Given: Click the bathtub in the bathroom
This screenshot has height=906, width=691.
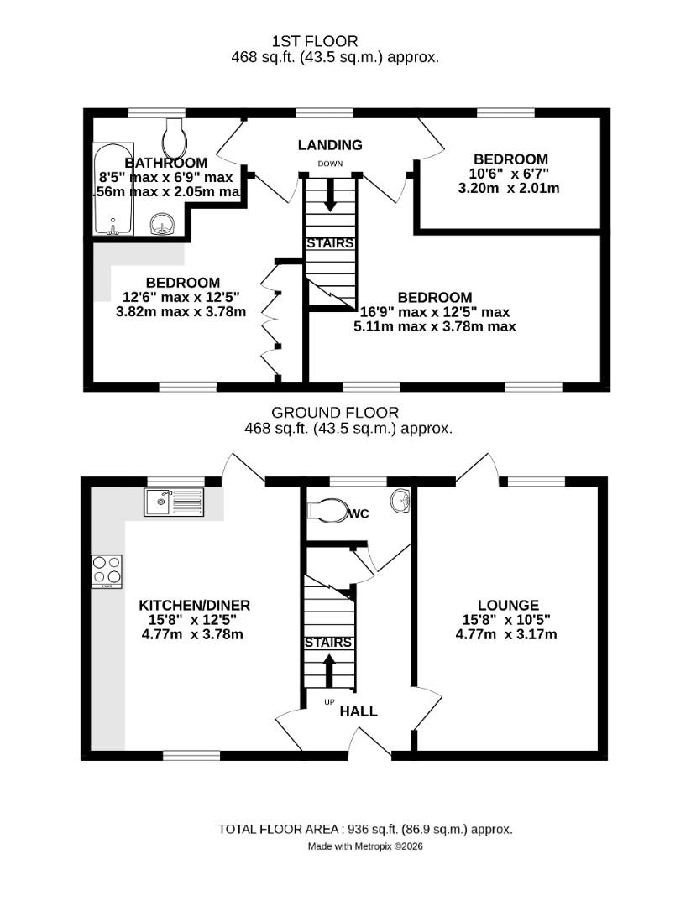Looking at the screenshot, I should pyautogui.click(x=112, y=190).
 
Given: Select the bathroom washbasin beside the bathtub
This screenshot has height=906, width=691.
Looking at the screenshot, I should pyautogui.click(x=161, y=224).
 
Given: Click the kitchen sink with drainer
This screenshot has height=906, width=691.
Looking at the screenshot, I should pyautogui.click(x=174, y=502).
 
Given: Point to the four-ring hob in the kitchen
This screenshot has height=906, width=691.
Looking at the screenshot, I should pyautogui.click(x=107, y=571).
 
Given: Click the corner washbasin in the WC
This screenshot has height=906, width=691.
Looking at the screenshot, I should pyautogui.click(x=400, y=500).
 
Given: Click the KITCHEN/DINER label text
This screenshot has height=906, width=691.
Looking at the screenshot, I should pyautogui.click(x=194, y=605).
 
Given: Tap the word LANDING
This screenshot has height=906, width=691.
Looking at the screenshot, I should pyautogui.click(x=330, y=145).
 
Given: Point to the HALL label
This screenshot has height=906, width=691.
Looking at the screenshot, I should pyautogui.click(x=359, y=711).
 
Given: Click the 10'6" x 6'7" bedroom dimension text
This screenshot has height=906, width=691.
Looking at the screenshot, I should pyautogui.click(x=510, y=174).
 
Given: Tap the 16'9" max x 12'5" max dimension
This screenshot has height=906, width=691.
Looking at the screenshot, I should pyautogui.click(x=434, y=312).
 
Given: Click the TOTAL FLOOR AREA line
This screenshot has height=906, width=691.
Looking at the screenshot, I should pyautogui.click(x=365, y=829).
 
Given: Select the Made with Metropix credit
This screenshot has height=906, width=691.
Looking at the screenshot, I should pyautogui.click(x=365, y=847).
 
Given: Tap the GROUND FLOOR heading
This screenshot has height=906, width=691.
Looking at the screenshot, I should pyautogui.click(x=335, y=412).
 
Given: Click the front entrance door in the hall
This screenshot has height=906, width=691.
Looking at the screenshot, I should pyautogui.click(x=369, y=743).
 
